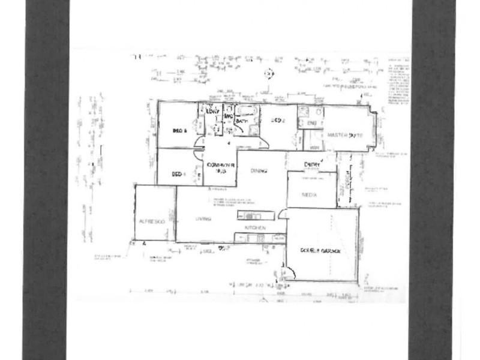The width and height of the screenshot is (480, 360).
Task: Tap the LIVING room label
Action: tap(204, 220)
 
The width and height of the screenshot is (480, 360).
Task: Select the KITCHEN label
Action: tap(254, 229)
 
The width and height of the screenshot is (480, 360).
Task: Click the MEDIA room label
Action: tap(309, 195)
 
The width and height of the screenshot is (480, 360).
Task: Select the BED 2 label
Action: tap(278, 121)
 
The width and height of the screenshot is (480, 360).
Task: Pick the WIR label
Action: tap(314, 147)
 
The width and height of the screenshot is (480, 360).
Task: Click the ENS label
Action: tap(311, 123)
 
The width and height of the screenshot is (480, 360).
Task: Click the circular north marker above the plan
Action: tap(269, 73)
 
